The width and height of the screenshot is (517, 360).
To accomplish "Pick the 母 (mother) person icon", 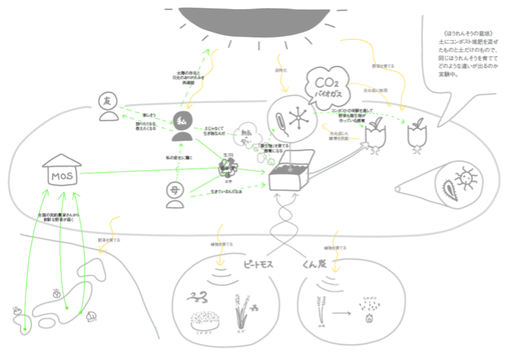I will (x=175, y=195).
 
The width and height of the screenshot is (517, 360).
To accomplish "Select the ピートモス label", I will (x=257, y=265).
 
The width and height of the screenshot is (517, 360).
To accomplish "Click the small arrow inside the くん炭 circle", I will (x=341, y=316).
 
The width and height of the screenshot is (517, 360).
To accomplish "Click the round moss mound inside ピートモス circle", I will (x=205, y=319).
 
